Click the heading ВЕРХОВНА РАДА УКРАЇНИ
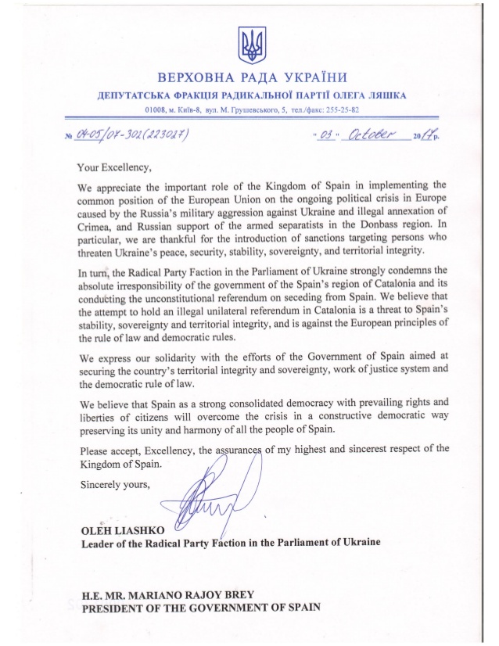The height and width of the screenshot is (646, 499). coord(251,78)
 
